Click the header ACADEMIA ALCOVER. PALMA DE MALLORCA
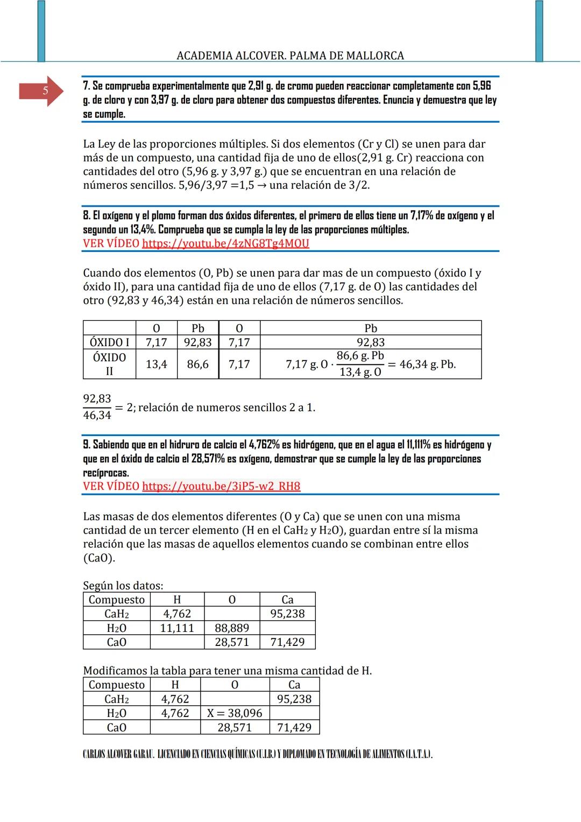point(290,55)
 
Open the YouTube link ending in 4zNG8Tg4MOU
point(225,243)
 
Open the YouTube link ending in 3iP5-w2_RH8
point(221,487)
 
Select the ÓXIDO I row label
point(110,342)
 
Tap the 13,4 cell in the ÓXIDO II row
point(156,364)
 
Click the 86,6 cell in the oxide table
point(197,364)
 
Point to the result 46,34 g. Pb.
point(427,364)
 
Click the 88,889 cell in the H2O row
point(232,628)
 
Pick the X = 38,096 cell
point(235,713)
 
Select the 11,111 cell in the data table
point(177,628)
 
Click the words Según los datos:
point(123,586)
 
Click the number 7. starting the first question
point(86,86)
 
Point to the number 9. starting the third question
point(86,445)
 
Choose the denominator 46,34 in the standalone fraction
point(97,416)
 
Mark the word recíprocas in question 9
point(106,473)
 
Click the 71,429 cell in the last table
point(294,728)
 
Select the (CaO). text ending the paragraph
point(99,558)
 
